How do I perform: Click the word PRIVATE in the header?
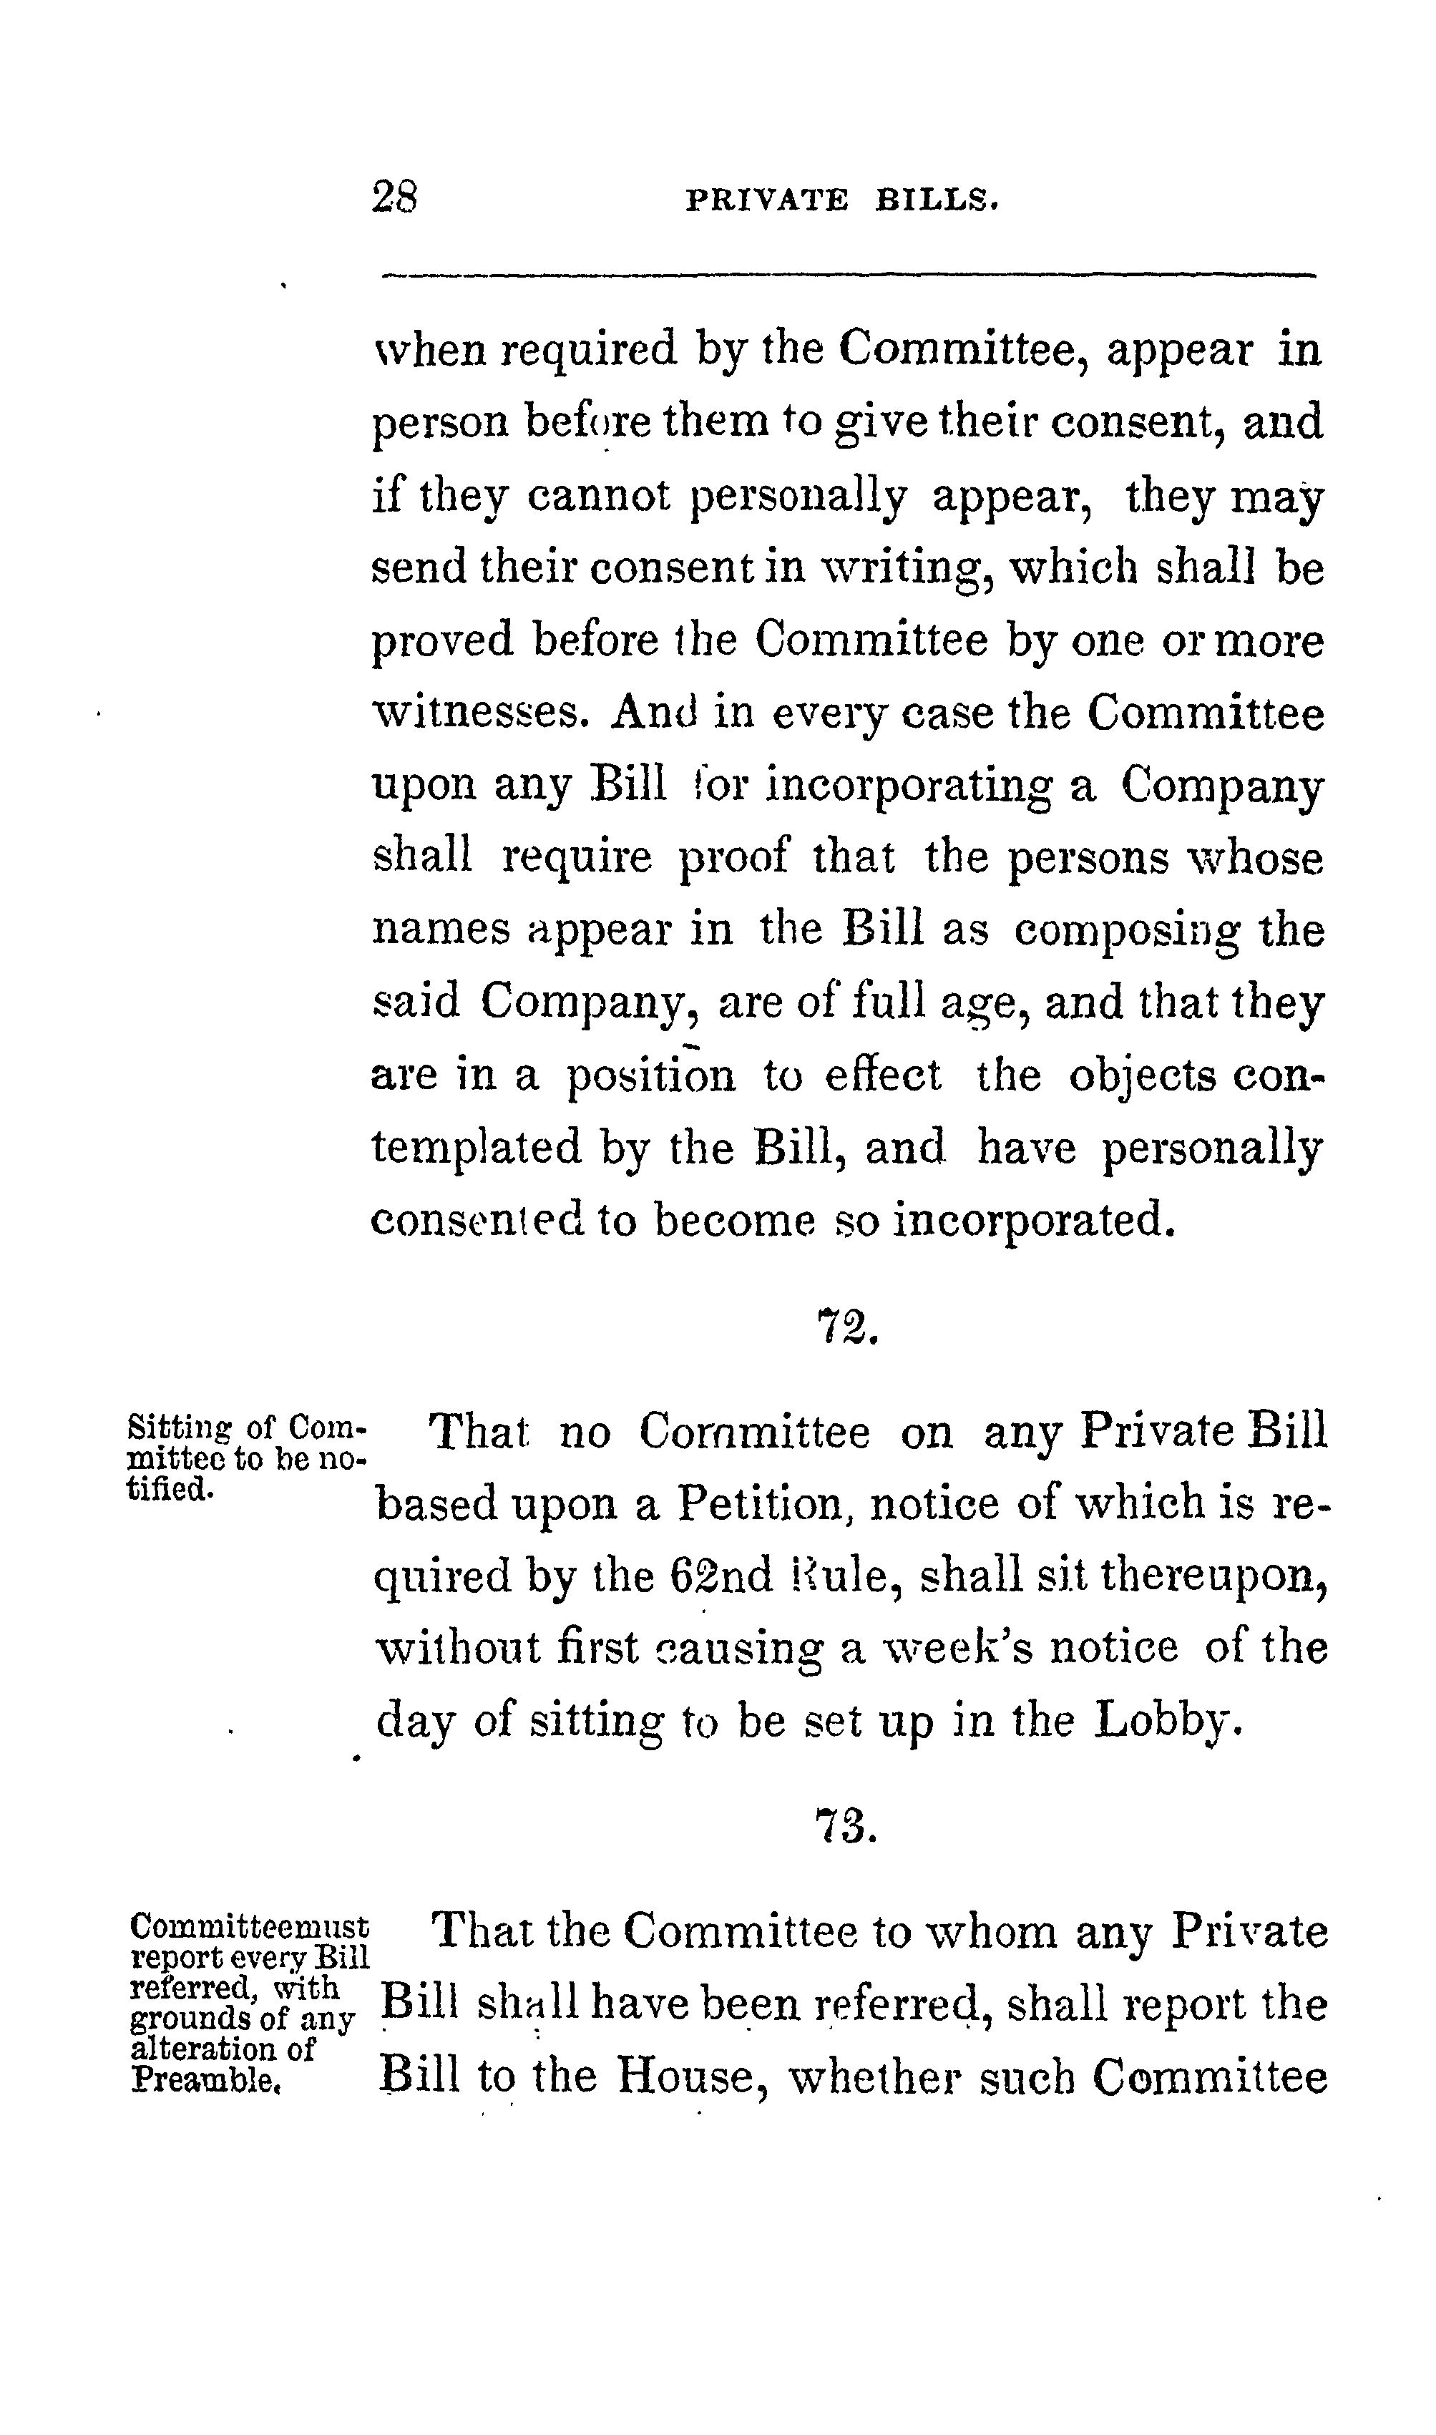(766, 200)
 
